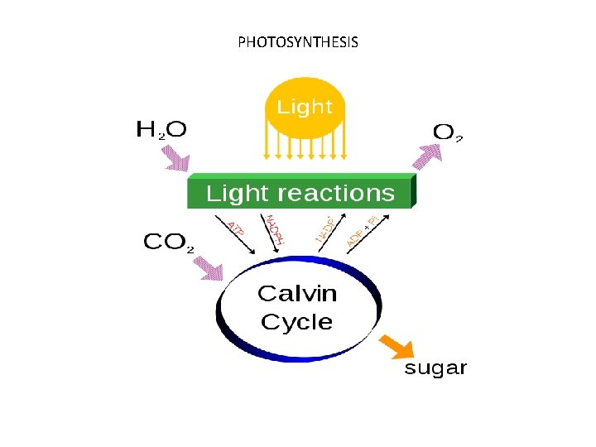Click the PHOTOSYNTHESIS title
(x=298, y=41)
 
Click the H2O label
(x=161, y=129)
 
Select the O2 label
(x=448, y=132)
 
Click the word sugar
(x=435, y=368)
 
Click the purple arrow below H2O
(x=175, y=156)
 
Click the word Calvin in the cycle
(x=297, y=293)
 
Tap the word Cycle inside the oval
(x=296, y=322)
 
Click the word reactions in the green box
(x=337, y=194)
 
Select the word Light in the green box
(x=238, y=194)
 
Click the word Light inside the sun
(x=305, y=107)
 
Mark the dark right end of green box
(x=414, y=192)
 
